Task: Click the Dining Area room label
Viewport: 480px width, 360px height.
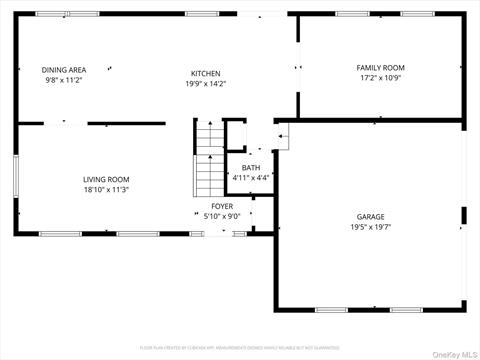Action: (x=64, y=70)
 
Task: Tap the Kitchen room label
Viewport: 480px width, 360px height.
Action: (x=206, y=73)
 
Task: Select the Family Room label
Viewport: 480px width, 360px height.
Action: (x=381, y=67)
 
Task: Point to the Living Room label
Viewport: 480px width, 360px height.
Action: (x=106, y=180)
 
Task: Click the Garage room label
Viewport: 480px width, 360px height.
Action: (x=371, y=217)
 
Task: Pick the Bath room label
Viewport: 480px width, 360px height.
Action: (x=252, y=168)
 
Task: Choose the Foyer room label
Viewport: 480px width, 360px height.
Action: (x=221, y=206)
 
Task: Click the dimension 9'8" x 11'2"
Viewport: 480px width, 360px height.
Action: (x=64, y=80)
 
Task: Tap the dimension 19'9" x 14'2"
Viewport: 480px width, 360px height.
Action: (x=206, y=84)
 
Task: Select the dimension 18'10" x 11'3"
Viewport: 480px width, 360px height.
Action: (x=106, y=189)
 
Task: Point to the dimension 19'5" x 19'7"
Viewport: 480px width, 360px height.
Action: (x=371, y=227)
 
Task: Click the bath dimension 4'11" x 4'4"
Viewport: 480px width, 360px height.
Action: (x=252, y=177)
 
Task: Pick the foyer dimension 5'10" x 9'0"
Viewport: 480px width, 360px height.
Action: (x=221, y=215)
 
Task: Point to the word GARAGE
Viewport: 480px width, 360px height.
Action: (x=371, y=217)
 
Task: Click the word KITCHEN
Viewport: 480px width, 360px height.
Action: (x=206, y=73)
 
